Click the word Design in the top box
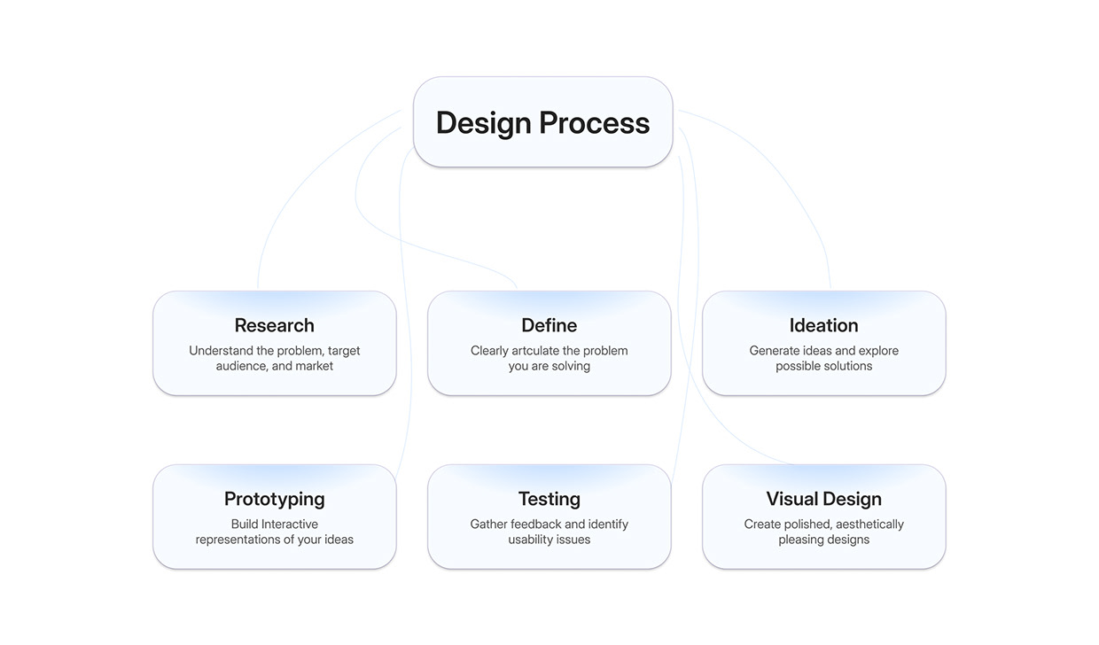click(x=483, y=122)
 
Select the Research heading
click(x=275, y=325)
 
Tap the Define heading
click(x=549, y=325)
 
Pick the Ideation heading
click(x=824, y=325)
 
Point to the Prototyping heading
click(x=275, y=499)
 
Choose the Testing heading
click(x=549, y=499)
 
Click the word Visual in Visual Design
click(x=792, y=499)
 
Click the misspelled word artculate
click(x=535, y=351)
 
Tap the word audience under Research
click(x=241, y=366)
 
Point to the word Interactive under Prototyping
click(x=290, y=525)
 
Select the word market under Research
click(x=314, y=366)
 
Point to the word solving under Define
click(x=572, y=366)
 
